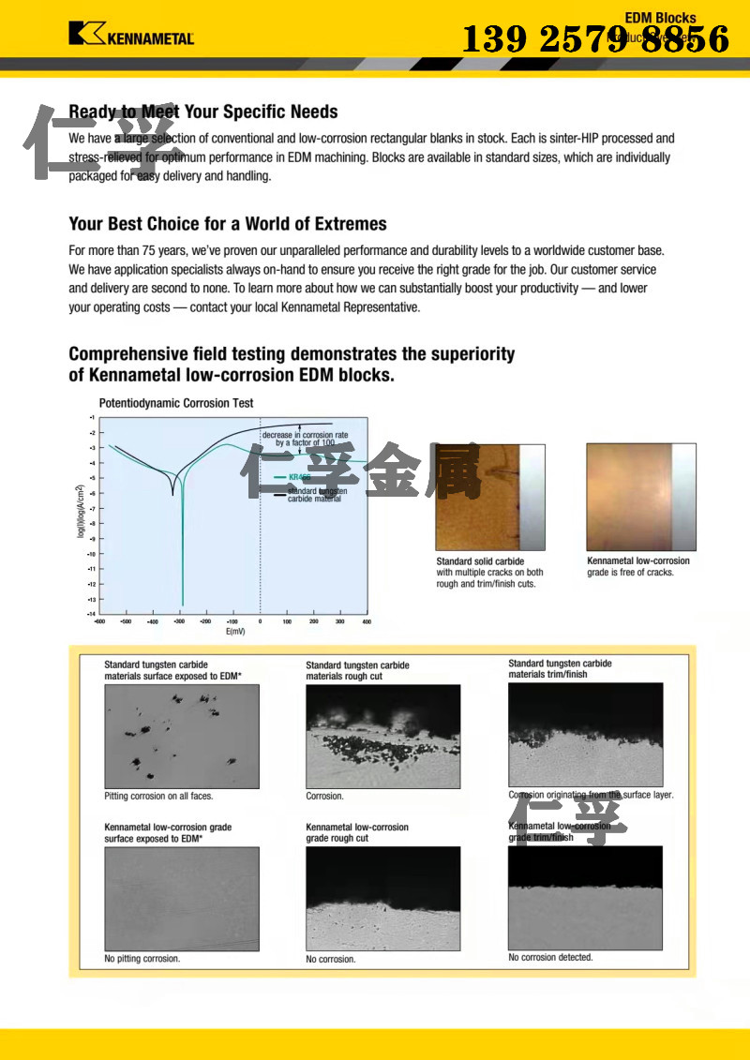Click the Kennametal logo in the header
[x=131, y=35]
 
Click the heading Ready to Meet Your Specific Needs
[x=203, y=112]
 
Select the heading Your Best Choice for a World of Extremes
[x=228, y=224]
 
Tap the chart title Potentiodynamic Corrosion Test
[x=176, y=403]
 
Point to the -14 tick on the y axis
[x=91, y=614]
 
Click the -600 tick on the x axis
[x=99, y=622]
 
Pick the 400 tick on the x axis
[x=367, y=622]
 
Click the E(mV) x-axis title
[x=235, y=633]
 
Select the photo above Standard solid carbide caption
[x=489, y=497]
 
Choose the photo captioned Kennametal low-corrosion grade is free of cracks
[x=641, y=497]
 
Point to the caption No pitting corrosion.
[x=142, y=959]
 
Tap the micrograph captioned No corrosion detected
[x=585, y=897]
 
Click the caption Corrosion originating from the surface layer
[x=591, y=795]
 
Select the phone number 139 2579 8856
[x=596, y=39]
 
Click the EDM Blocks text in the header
[x=661, y=18]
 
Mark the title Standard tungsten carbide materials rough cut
[x=358, y=670]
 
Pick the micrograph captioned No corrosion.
[x=383, y=898]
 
